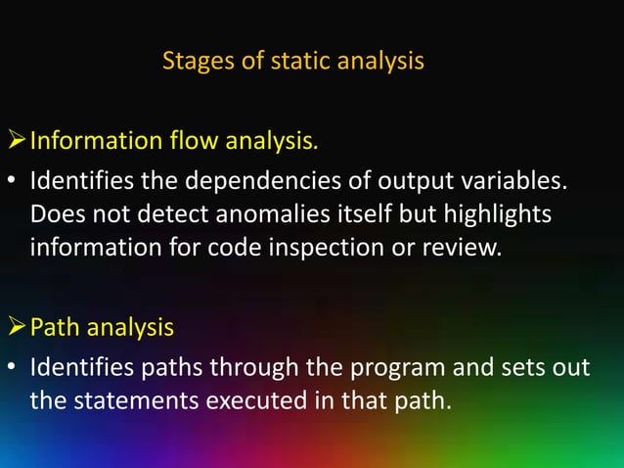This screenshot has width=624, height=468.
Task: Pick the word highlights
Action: (x=496, y=213)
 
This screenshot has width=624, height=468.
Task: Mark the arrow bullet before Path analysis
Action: (x=15, y=328)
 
